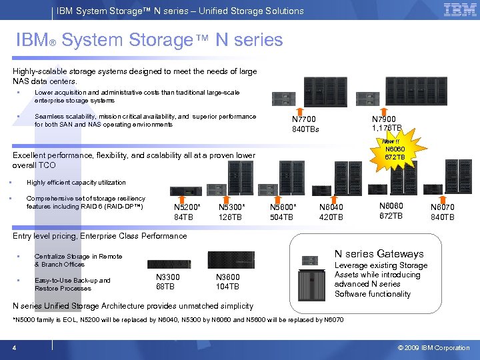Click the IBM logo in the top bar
[459, 10]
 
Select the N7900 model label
[386, 119]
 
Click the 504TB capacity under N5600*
[281, 217]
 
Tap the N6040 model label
[331, 207]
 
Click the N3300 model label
[167, 277]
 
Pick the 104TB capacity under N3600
[227, 287]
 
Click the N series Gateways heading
[379, 254]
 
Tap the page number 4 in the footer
[14, 348]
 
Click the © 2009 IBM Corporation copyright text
[434, 348]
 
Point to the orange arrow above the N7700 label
[301, 109]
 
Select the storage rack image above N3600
[231, 260]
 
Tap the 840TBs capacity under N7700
[306, 129]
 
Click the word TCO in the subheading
[47, 165]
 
